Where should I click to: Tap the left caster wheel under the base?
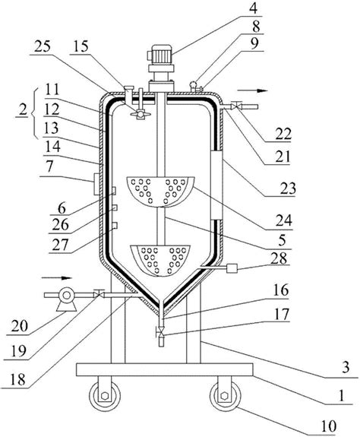(x=105, y=396)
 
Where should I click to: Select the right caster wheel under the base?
(x=226, y=396)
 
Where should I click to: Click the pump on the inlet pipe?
(x=67, y=299)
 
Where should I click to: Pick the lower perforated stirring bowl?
(x=160, y=261)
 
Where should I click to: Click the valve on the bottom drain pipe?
(x=161, y=332)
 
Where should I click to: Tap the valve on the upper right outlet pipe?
(x=237, y=106)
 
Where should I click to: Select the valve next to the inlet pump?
(x=99, y=294)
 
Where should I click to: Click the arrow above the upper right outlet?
(x=252, y=90)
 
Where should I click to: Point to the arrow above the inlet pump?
(x=57, y=277)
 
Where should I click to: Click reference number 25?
(x=43, y=46)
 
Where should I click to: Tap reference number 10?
(x=328, y=426)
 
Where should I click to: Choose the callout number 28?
(x=279, y=259)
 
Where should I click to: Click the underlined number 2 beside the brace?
(x=23, y=109)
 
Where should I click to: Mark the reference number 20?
(x=20, y=326)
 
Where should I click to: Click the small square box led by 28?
(x=232, y=268)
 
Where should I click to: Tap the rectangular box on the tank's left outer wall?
(x=96, y=184)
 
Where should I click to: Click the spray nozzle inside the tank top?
(x=141, y=114)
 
